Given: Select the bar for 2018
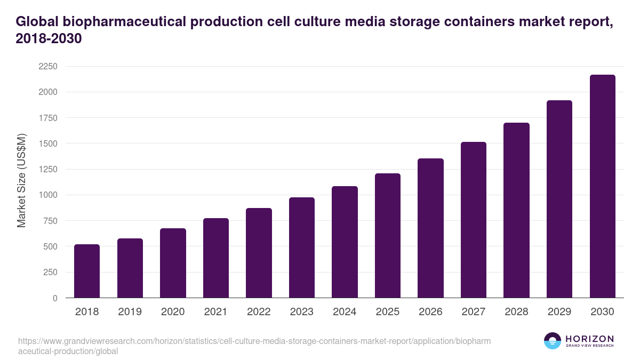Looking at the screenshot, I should tap(87, 271).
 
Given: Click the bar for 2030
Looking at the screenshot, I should tap(603, 187).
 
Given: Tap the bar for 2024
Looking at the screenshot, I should tap(345, 242).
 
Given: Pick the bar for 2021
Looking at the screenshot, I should tap(216, 258).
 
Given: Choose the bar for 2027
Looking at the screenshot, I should tap(474, 220).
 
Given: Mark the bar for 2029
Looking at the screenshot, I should tap(559, 199).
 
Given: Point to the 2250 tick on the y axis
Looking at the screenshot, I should tap(48, 67).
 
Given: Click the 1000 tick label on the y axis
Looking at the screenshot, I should tap(48, 195).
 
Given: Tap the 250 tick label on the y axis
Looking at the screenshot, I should tap(51, 273).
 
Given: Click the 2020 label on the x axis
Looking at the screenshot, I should tap(173, 312).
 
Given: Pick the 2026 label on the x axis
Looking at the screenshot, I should tap(430, 312).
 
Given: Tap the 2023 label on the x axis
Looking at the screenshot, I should tap(302, 312).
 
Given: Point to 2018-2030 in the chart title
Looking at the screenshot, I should tap(49, 39).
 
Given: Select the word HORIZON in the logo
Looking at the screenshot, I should tap(590, 339).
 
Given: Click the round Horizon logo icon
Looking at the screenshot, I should tap(553, 341).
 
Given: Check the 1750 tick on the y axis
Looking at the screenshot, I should tap(48, 118).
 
